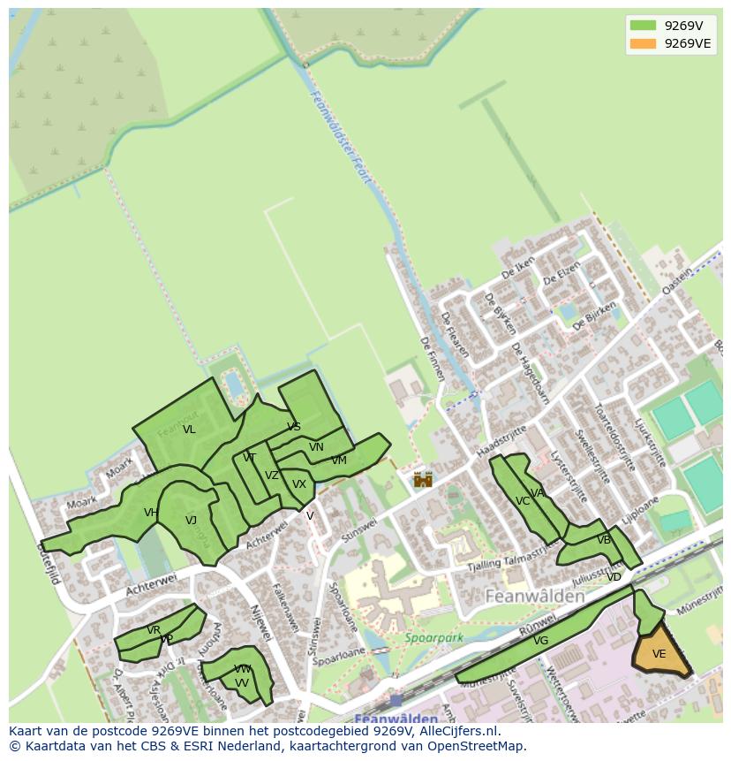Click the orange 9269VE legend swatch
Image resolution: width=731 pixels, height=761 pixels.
pos(643,43)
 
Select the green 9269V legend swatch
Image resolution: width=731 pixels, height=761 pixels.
pos(643,26)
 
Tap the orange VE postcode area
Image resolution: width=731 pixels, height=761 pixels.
pos(659,654)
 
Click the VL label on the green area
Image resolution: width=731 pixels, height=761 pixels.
pos(189,430)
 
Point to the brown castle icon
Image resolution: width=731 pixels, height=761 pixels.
pos(424,479)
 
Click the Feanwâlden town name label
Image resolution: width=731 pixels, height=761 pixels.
pos(536,597)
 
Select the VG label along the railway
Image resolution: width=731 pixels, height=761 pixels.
pos(541,641)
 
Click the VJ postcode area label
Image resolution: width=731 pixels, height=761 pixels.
pos(191,521)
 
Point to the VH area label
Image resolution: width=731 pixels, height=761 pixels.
pos(151,513)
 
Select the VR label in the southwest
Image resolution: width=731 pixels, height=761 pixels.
pos(154,630)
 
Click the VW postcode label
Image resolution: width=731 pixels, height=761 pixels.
pos(243,669)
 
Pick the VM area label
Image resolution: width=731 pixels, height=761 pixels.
pos(339,460)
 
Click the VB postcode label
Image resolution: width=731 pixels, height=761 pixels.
pos(604,540)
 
